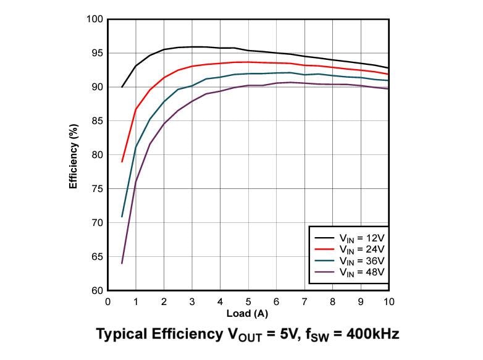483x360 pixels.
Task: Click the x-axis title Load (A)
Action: (248, 314)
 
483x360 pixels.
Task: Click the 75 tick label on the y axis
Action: (96, 188)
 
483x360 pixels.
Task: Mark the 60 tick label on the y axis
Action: (96, 290)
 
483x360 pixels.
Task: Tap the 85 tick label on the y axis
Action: (96, 121)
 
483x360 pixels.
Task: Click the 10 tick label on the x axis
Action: (388, 301)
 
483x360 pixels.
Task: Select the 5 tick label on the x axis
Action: (248, 301)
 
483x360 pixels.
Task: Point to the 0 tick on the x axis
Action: (108, 301)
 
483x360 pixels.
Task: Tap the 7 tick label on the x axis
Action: (304, 301)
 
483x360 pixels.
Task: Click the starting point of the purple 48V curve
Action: (122, 263)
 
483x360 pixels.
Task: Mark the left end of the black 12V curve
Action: (122, 87)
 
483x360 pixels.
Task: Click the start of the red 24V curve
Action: (122, 162)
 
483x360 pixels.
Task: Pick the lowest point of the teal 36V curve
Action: (122, 217)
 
